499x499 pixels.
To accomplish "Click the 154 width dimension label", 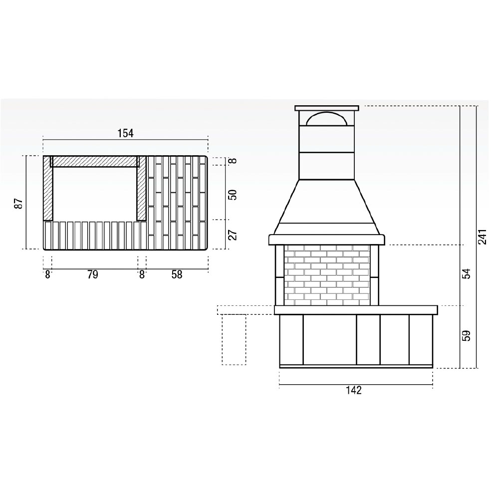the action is click(126, 133).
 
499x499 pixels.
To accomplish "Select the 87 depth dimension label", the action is click(19, 204).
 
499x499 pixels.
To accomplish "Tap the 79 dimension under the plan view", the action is click(93, 274).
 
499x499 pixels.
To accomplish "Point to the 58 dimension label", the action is click(177, 274).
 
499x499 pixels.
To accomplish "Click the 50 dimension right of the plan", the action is click(233, 195).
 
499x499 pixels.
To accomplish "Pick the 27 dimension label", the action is click(233, 235).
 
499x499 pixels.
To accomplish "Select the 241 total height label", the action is click(483, 237).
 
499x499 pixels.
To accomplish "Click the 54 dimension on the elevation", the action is click(466, 273).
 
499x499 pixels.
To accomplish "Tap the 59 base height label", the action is click(466, 335).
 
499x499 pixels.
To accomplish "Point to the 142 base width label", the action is click(354, 390).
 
